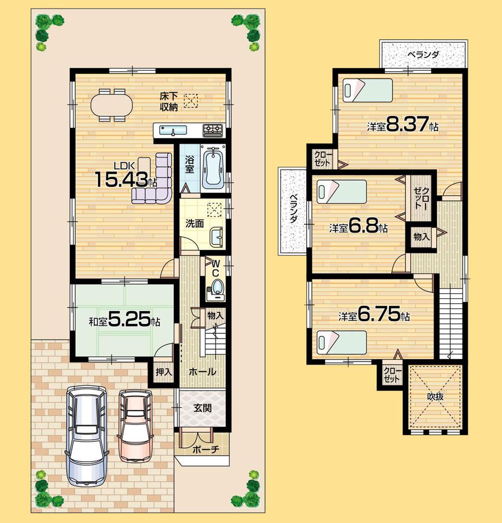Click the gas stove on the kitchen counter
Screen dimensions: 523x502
(x=213, y=130)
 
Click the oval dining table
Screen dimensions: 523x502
(x=111, y=105)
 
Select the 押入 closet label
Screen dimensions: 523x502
(x=163, y=372)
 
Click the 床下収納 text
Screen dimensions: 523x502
(x=167, y=101)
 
